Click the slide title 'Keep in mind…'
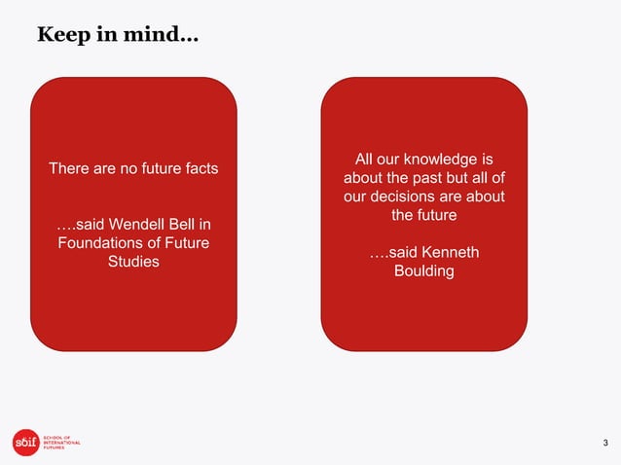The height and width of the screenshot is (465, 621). tap(117, 36)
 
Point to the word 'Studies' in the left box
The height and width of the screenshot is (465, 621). tap(133, 262)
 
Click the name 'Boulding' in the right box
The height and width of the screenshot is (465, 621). tap(423, 270)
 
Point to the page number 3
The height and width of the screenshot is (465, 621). tap(604, 444)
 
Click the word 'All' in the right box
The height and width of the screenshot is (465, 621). tap(366, 160)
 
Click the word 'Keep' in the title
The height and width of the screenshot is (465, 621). tap(58, 36)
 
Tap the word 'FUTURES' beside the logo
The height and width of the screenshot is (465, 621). tap(54, 448)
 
